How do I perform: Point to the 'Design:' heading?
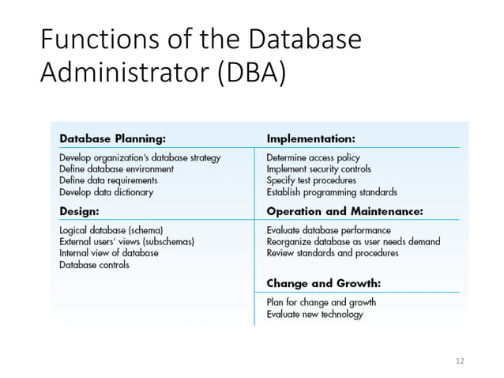coord(79,211)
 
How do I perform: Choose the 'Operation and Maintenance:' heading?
coord(345,211)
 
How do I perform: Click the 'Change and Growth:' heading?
coord(324,282)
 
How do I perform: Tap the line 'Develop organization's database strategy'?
coord(140,157)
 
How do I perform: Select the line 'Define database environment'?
coord(116,168)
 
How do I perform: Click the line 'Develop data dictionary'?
coord(106,191)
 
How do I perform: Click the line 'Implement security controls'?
coord(318,168)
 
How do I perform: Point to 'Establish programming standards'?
coord(332,191)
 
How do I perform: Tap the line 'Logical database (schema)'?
coord(111,230)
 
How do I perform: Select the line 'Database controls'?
coord(94,264)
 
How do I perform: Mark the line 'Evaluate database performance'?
coord(329,230)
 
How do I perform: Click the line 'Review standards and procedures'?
coord(333,253)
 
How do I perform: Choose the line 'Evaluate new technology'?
coord(314,314)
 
